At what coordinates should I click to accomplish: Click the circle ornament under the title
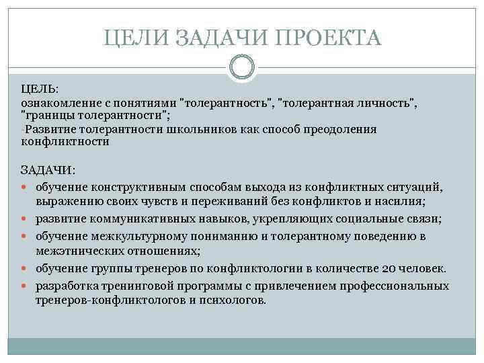(x=242, y=67)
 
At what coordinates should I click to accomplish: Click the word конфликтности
(x=65, y=142)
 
